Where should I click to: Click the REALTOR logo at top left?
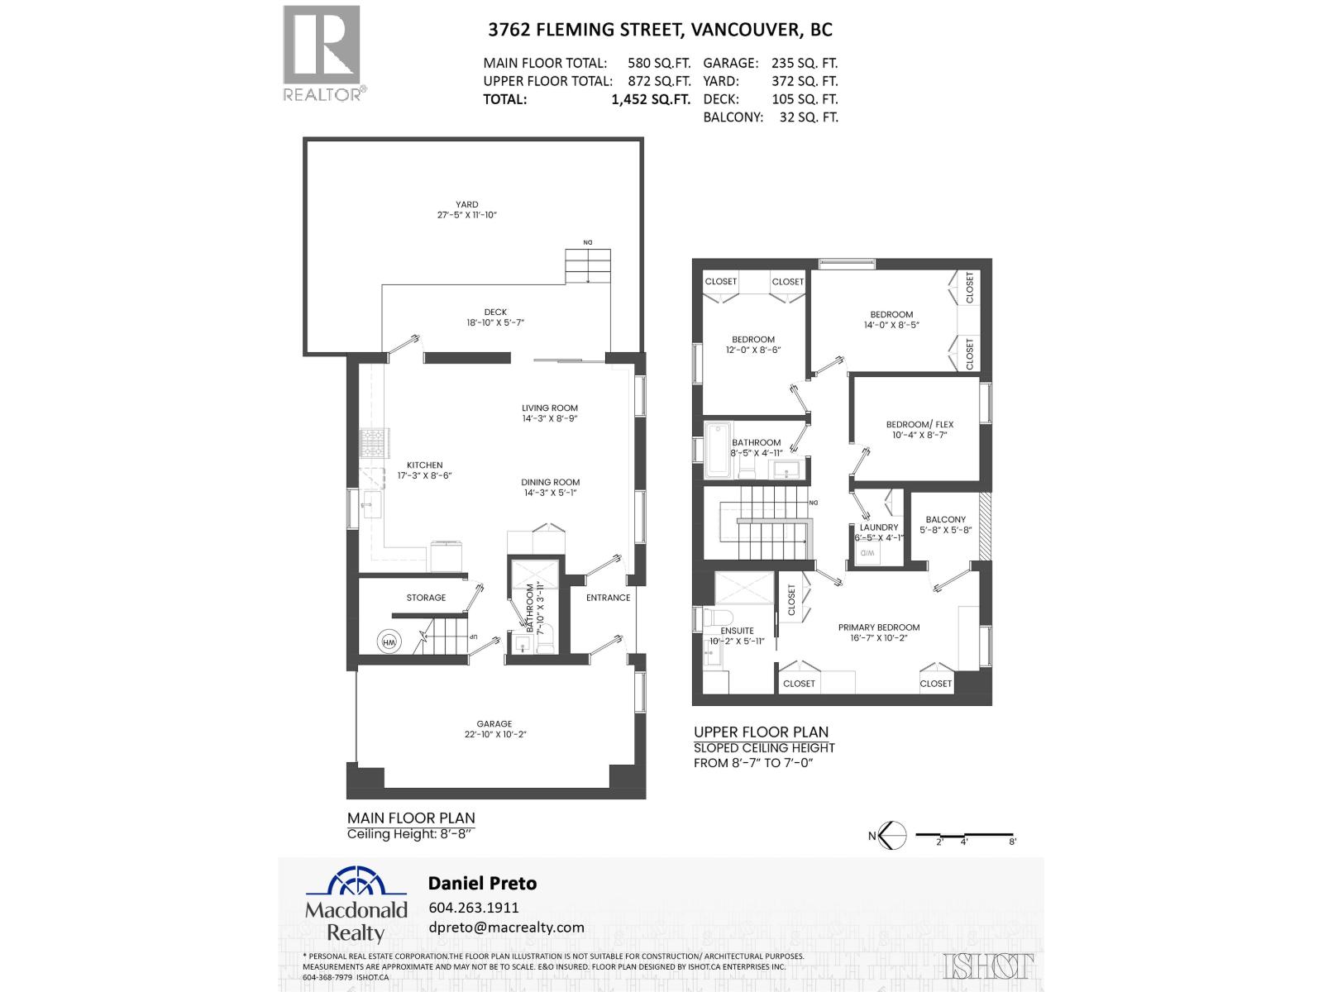322,52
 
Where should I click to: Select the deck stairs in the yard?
587,266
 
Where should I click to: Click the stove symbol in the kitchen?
373,444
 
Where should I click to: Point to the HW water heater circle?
389,641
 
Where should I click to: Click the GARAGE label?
494,723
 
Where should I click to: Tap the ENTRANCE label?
608,597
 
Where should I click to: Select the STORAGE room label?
426,597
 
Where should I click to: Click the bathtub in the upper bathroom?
717,450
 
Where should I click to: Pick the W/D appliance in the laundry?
867,552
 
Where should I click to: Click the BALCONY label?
945,519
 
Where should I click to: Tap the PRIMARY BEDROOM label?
878,627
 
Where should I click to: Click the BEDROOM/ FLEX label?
919,424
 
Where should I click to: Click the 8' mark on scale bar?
1012,841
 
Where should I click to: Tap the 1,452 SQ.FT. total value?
650,99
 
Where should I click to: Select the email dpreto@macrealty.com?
506,927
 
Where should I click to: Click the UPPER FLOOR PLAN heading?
761,732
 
